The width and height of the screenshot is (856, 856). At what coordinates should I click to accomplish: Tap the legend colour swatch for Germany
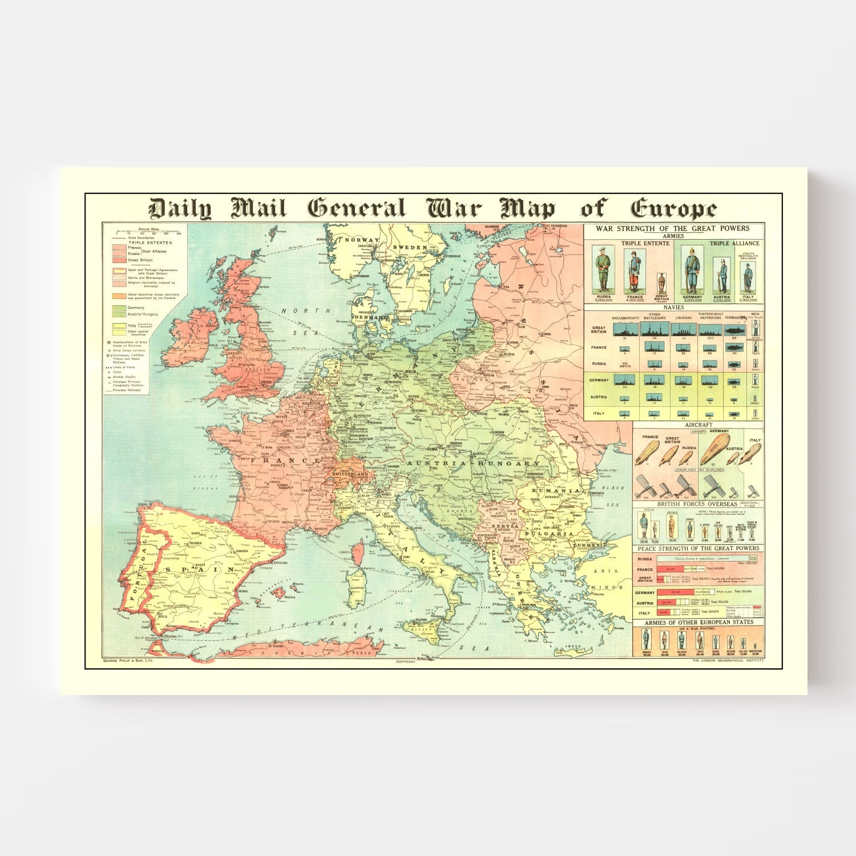(119, 308)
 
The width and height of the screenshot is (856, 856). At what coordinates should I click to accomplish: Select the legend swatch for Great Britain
(119, 260)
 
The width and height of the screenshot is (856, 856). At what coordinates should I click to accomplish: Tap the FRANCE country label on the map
(285, 460)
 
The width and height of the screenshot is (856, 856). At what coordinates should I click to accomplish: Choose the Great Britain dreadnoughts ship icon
(625, 330)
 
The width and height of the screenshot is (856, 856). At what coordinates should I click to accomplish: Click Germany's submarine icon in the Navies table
(734, 381)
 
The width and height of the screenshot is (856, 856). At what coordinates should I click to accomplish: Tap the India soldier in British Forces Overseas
(644, 526)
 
